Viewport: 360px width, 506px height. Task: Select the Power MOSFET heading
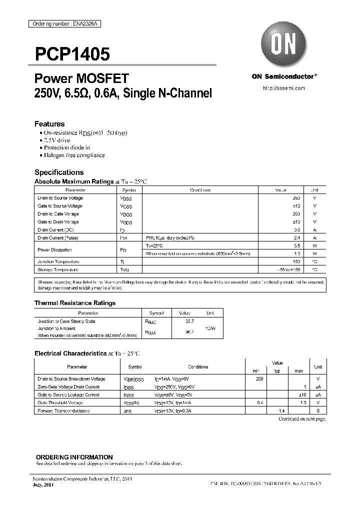[x=81, y=78]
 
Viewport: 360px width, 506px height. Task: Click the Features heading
[x=49, y=124]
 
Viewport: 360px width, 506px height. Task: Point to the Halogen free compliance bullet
[x=74, y=155]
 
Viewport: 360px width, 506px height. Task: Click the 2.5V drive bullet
[x=57, y=140]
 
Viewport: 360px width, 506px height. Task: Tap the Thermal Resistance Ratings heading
[x=75, y=303]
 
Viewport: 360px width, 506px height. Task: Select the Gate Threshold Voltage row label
[x=60, y=402]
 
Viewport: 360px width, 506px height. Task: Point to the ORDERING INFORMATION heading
[x=74, y=457]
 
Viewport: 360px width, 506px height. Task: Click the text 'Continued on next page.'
[x=302, y=418]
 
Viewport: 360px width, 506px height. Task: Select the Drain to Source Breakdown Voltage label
[x=71, y=379]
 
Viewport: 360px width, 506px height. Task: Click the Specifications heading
[x=59, y=172]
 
